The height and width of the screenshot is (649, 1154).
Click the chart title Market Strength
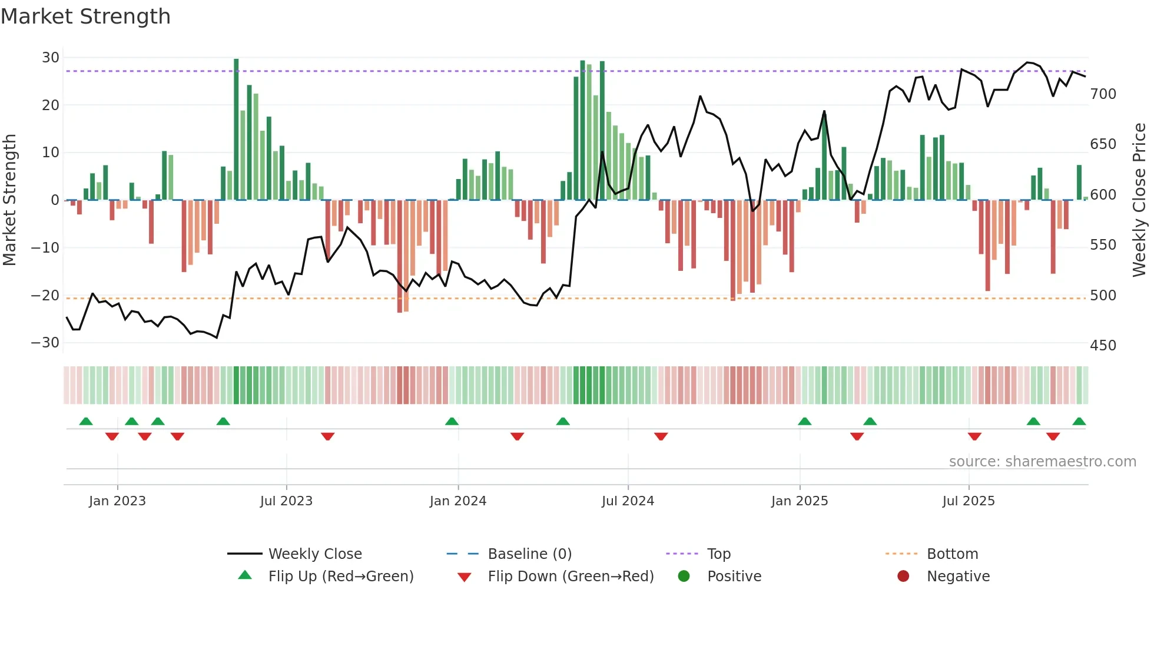85,16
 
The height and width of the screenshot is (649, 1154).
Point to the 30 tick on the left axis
51,58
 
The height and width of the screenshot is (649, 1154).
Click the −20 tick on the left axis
45,295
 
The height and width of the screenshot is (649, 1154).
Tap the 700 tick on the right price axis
1103,94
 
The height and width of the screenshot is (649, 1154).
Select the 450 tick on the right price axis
1103,346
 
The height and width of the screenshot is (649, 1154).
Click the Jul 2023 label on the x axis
286,501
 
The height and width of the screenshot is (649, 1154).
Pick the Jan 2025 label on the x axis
799,501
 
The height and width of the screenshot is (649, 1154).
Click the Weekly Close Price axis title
1139,200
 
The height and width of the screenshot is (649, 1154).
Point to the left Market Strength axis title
9,200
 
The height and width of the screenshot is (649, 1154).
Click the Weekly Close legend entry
314,554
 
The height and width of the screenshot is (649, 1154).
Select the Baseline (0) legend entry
529,554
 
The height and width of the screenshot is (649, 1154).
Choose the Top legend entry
718,554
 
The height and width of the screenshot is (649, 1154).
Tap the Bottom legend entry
952,554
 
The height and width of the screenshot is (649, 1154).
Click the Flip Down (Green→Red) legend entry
570,577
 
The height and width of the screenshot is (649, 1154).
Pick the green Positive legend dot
684,576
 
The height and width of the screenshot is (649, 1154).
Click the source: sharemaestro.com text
1042,462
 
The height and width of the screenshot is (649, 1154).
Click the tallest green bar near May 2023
236,130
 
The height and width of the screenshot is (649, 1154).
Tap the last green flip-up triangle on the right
1079,422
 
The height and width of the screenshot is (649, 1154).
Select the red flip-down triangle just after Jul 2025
974,436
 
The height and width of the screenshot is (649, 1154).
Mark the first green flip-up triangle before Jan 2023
86,422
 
